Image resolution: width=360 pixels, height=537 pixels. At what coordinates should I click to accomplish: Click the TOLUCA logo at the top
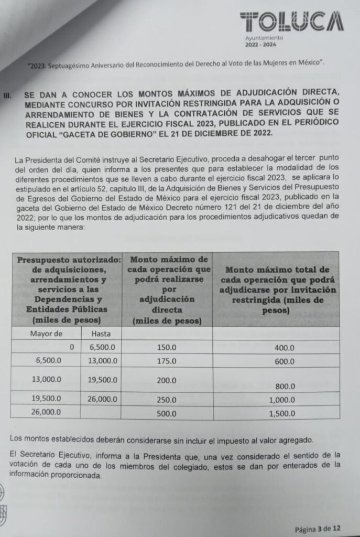pos(291,22)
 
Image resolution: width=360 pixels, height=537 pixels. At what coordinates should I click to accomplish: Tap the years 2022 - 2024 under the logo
pos(260,45)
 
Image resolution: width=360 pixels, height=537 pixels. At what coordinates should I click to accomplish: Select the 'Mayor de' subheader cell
pos(46,334)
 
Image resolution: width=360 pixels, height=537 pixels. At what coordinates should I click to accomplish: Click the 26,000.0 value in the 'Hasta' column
pos(102,399)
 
